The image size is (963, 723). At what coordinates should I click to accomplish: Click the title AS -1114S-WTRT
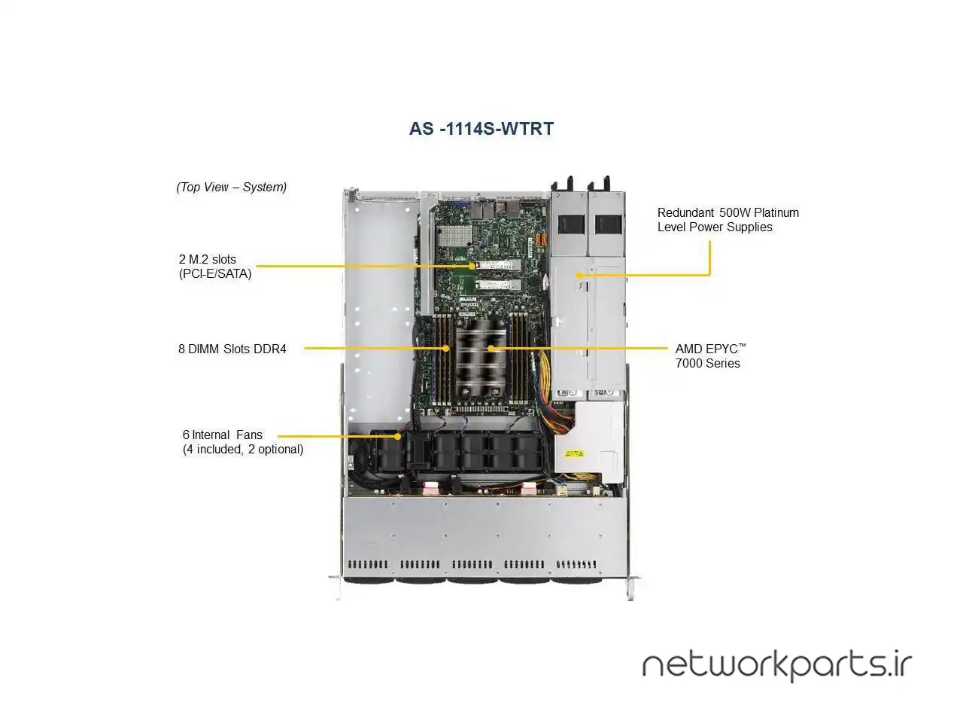point(481,129)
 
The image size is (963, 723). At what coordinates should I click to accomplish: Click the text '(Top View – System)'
point(231,187)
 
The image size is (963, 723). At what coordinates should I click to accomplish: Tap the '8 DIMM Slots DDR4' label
point(232,349)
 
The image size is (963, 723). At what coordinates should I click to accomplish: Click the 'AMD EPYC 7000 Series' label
point(710,355)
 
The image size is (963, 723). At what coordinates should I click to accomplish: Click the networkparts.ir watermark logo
point(776,665)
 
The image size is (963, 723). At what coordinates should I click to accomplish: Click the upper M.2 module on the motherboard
point(497,265)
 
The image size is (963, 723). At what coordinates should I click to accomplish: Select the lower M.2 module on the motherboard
point(497,285)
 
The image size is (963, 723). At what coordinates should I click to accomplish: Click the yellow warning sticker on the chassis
point(574,453)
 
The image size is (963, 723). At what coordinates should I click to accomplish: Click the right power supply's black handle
point(609,224)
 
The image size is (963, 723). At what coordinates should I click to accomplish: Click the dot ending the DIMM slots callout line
point(447,348)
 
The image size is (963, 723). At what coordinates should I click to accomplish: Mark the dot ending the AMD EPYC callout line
point(491,348)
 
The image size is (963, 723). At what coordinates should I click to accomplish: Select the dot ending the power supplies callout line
point(579,275)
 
